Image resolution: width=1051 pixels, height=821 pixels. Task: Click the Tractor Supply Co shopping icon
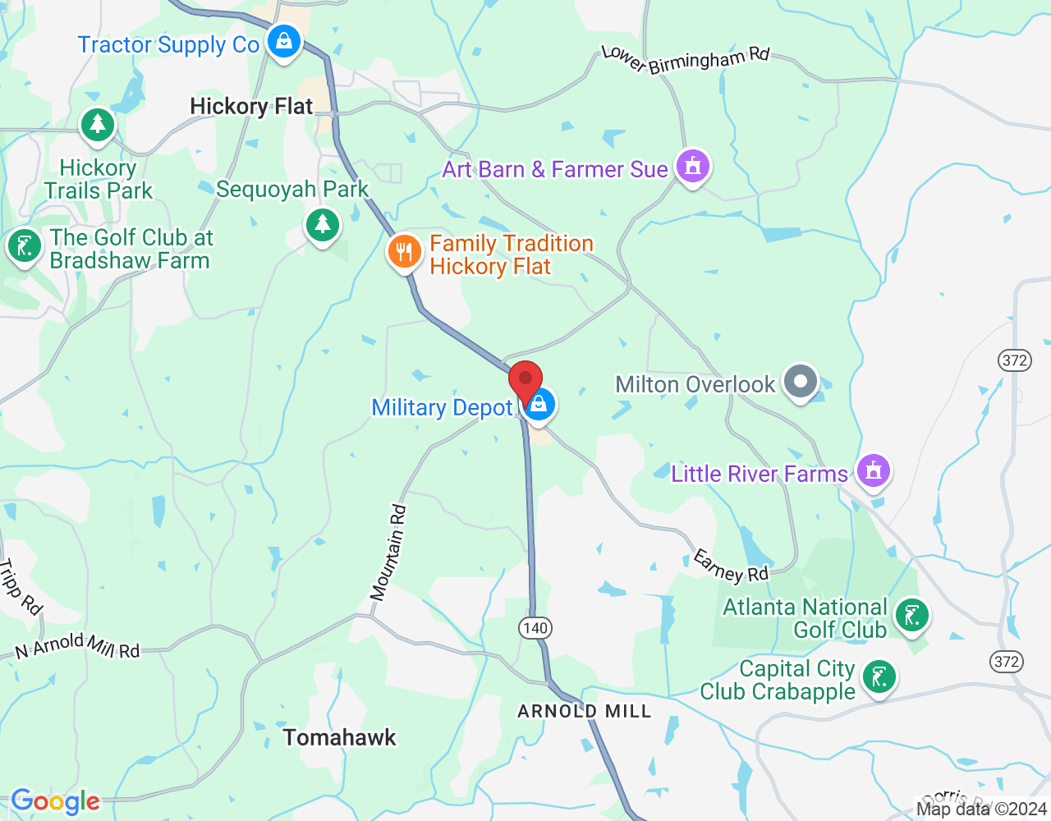[x=284, y=40]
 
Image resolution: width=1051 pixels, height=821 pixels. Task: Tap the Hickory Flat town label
[x=251, y=107]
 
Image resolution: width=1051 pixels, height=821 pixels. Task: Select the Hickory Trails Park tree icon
[x=98, y=125]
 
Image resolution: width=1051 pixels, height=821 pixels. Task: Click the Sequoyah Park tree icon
[x=323, y=223]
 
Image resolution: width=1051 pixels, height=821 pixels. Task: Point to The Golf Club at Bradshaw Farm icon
[x=24, y=245]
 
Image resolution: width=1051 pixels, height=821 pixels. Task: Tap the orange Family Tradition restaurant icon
[x=404, y=251]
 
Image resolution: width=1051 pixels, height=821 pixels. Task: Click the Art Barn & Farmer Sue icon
[x=692, y=167]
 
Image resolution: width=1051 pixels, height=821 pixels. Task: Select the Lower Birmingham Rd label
[x=686, y=59]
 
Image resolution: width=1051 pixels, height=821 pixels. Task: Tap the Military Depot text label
[x=442, y=408]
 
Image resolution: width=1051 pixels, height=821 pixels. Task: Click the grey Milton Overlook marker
[x=800, y=381]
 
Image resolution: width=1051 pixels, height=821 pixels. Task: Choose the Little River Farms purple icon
[x=873, y=470]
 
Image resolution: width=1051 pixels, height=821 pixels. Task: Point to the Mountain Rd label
[x=388, y=553]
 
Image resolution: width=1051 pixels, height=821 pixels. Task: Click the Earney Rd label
[x=730, y=566]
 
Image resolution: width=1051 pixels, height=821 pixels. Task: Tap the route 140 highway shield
[x=535, y=628]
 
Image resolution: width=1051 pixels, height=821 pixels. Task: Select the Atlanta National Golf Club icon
[x=911, y=614]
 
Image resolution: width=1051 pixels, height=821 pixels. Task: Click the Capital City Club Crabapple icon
[x=879, y=677]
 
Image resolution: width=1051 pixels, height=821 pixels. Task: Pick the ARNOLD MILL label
[x=584, y=711]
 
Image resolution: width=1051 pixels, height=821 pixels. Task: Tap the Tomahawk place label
[x=340, y=737]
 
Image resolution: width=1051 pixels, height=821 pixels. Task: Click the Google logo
[x=55, y=801]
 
